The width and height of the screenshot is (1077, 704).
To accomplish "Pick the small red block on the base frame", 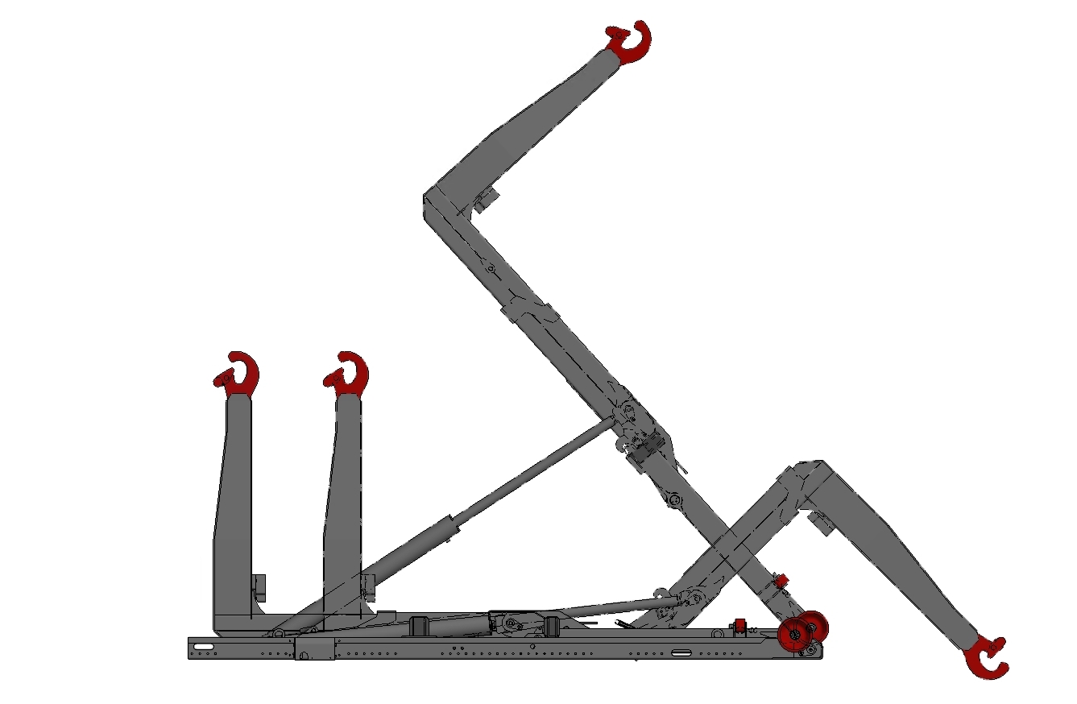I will [x=739, y=625].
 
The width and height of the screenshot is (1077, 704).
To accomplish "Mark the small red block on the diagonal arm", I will [x=779, y=580].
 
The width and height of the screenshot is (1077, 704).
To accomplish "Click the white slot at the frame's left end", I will [x=203, y=646].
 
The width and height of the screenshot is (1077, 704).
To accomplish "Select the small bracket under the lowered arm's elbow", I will [x=820, y=522].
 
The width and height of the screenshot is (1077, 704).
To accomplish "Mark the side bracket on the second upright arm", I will [x=369, y=589].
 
